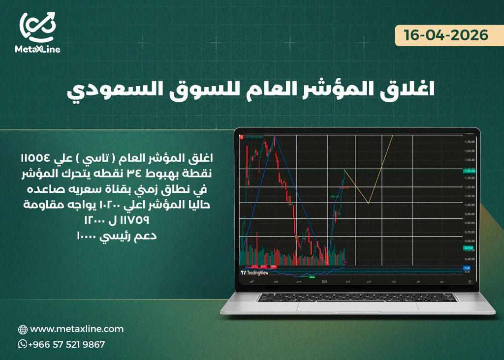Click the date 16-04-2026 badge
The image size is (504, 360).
pyautogui.click(x=446, y=35)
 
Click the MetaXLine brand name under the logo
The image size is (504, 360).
pyautogui.click(x=38, y=49)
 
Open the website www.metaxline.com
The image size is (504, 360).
pyautogui.click(x=77, y=329)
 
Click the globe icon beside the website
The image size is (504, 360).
pyautogui.click(x=23, y=330)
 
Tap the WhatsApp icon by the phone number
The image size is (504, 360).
pyautogui.click(x=23, y=344)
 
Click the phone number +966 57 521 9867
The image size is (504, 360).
pyautogui.click(x=66, y=345)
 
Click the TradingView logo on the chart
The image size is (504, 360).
pyautogui.click(x=254, y=272)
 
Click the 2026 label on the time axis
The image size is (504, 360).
pyautogui.click(x=323, y=282)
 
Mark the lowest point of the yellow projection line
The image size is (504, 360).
pyautogui.click(x=368, y=203)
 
